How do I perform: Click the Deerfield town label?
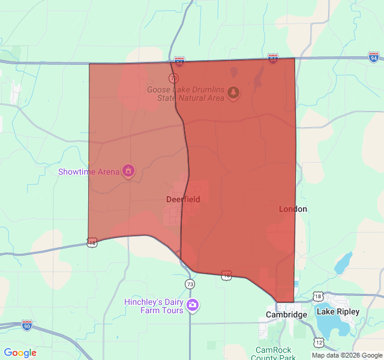(183, 199)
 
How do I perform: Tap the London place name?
(293, 209)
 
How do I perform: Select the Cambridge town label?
(287, 314)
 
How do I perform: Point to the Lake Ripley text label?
(338, 311)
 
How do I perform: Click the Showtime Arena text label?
(89, 172)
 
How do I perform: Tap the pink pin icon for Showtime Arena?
(128, 171)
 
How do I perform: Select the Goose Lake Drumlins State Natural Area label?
(185, 94)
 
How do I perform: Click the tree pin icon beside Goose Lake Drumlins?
(233, 92)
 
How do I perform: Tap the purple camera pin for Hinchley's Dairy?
(193, 305)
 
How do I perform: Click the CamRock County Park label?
(275, 353)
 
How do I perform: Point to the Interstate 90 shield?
(27, 325)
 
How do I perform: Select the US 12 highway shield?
(319, 342)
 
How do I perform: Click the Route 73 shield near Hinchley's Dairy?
(190, 284)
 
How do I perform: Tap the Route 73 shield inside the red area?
(173, 79)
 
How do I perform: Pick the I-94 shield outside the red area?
(374, 58)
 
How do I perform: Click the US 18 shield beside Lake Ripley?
(318, 297)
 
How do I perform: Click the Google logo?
(20, 353)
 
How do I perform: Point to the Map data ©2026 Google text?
(347, 355)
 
